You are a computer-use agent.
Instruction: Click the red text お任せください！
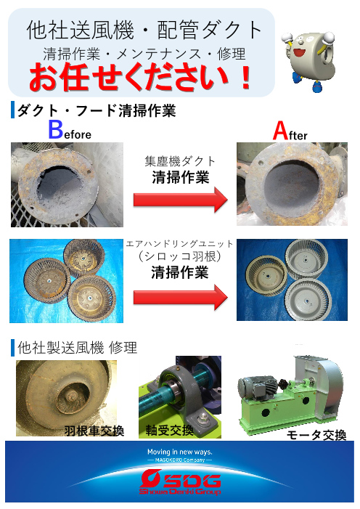[x=140, y=78]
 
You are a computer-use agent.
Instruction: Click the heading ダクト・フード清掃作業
[x=97, y=110]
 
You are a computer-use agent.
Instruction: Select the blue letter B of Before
[x=55, y=130]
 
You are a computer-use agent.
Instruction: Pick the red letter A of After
[x=280, y=131]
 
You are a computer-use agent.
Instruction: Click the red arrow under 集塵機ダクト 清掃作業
[x=181, y=199]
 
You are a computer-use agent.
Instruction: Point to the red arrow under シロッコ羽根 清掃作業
[x=181, y=297]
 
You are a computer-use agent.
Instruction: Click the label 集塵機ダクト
[x=180, y=161]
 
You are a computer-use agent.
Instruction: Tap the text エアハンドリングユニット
[x=179, y=244]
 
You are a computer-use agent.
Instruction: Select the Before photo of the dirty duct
[x=67, y=184]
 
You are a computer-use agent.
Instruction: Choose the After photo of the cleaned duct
[x=292, y=184]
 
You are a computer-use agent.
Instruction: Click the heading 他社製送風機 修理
[x=78, y=348]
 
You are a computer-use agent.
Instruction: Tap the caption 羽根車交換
[x=94, y=431]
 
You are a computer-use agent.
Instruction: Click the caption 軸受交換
[x=169, y=431]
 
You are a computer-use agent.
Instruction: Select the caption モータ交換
[x=316, y=435]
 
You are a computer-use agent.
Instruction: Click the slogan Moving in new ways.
[x=180, y=452]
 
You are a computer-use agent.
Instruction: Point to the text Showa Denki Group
[x=180, y=492]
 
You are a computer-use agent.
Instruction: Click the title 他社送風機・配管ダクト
[x=144, y=30]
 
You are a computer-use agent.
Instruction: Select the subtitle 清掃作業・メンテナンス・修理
[x=144, y=54]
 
